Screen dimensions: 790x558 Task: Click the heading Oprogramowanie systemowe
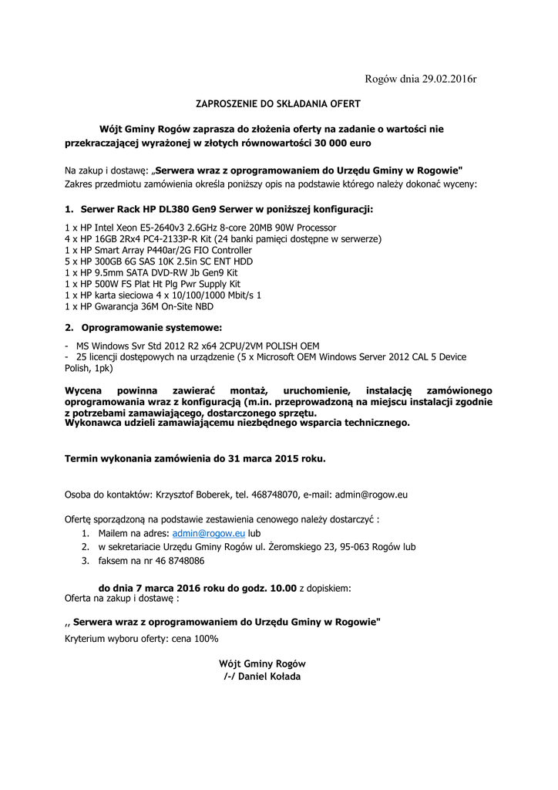point(151,328)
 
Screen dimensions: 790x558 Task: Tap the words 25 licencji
point(99,357)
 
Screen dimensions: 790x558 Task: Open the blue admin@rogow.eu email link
point(208,533)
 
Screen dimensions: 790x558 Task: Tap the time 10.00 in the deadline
point(283,588)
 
